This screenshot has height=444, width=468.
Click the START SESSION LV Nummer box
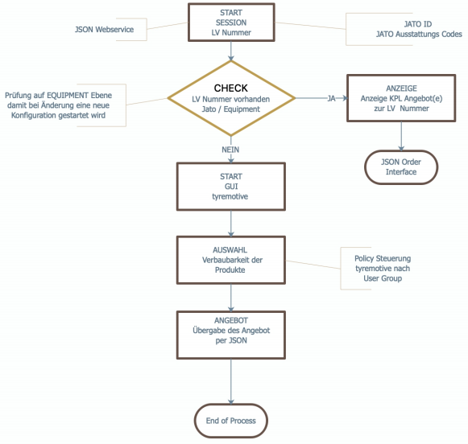tap(231, 23)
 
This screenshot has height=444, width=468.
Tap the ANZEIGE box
tap(401, 98)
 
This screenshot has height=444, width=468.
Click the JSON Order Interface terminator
tap(401, 167)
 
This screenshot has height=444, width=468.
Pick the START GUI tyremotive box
tap(231, 187)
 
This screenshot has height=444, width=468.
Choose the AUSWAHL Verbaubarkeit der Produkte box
tap(231, 260)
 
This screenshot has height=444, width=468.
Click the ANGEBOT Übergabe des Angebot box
tap(231, 335)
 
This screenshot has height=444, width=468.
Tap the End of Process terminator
tap(231, 421)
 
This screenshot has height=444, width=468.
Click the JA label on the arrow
tap(331, 98)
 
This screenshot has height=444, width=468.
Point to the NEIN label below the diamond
tap(230, 150)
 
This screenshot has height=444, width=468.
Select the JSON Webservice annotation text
tap(104, 30)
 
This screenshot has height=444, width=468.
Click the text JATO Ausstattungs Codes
tap(419, 35)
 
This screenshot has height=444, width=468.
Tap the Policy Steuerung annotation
tap(383, 268)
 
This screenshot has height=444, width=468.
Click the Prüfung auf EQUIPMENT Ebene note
tap(58, 105)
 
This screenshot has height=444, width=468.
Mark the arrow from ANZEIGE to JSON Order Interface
tap(401, 136)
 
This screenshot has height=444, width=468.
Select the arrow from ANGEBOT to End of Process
tap(231, 381)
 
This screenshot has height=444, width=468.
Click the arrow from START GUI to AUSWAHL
tap(231, 224)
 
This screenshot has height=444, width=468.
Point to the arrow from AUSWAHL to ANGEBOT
tap(231, 298)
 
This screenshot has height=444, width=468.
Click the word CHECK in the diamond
tap(231, 88)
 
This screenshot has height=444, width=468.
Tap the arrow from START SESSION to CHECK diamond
tap(231, 51)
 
